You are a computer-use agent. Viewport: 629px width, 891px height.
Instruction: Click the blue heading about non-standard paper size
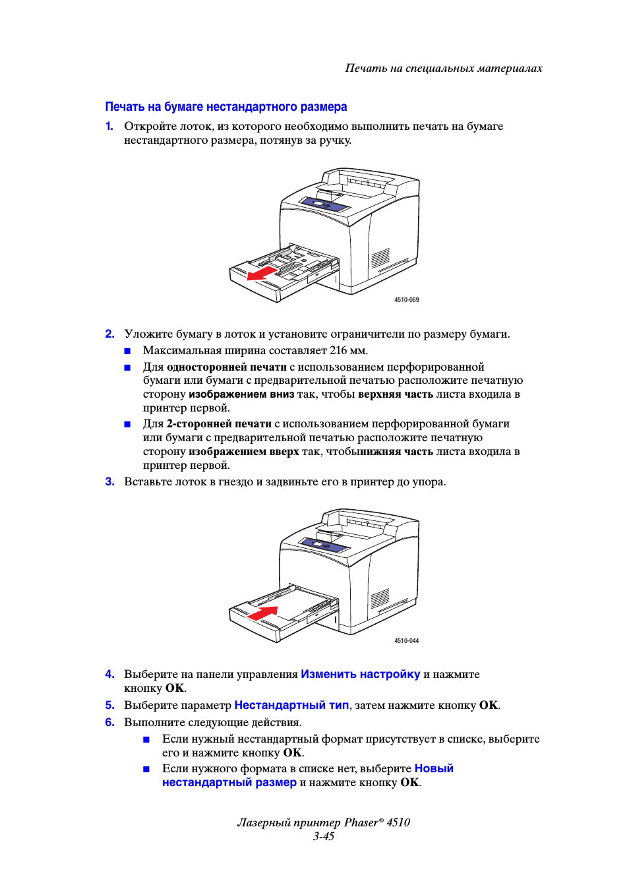[226, 107]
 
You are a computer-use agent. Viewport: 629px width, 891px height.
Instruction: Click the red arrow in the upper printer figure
[262, 272]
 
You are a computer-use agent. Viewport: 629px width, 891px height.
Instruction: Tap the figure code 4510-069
[406, 300]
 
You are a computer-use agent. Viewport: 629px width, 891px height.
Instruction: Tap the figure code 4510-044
[406, 641]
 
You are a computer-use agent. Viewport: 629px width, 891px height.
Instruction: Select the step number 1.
[109, 126]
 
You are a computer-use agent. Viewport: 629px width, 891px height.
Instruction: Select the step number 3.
[109, 482]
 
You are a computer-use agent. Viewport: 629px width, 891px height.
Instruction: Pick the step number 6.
[109, 723]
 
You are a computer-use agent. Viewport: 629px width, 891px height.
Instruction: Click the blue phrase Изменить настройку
[360, 674]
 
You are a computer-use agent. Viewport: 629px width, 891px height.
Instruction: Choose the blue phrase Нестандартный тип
[291, 705]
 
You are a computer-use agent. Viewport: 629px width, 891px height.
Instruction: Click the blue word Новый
[434, 768]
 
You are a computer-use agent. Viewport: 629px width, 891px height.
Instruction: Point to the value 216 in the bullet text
[338, 351]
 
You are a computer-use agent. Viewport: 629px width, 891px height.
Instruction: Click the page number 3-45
[324, 836]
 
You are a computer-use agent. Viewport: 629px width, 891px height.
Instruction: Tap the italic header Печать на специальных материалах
[444, 68]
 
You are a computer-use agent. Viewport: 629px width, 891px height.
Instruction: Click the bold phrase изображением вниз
[241, 394]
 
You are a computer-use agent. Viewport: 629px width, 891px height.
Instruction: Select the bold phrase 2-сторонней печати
[219, 424]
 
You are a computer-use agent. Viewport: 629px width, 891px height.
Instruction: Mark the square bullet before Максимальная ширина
[128, 351]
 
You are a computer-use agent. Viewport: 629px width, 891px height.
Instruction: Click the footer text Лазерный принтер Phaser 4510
[324, 822]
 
